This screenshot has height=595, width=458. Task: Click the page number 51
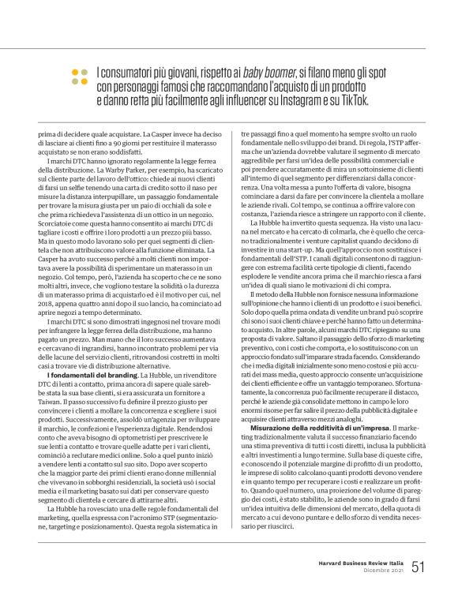419,566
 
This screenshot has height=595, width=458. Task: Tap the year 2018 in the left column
48,290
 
